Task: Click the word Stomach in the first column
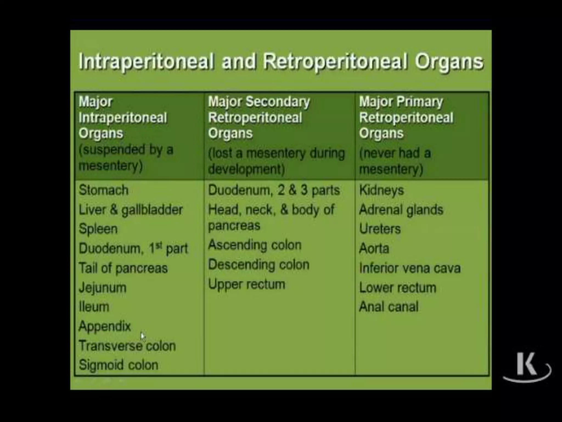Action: [103, 190]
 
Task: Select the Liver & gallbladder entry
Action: [131, 210]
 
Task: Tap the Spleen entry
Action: [98, 229]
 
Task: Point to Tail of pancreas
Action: [123, 268]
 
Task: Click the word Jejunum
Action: [103, 288]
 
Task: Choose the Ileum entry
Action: [94, 307]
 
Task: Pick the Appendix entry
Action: [105, 326]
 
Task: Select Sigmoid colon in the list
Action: [119, 365]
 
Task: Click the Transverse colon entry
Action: [127, 346]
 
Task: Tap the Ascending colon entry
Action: [255, 245]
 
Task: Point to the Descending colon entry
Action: [259, 265]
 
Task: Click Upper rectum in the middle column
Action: [247, 284]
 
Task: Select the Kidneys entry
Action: [381, 190]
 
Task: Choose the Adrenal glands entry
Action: [401, 210]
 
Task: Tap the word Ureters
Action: [380, 229]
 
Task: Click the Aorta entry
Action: [374, 249]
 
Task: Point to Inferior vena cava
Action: [410, 268]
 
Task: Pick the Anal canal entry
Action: [389, 307]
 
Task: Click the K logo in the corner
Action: [526, 365]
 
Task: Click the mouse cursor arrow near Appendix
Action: [143, 336]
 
